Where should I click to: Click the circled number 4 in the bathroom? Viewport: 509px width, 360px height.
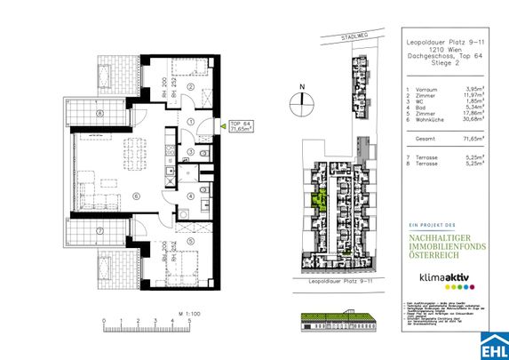pos(190,196)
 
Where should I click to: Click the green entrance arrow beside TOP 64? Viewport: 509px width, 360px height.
pos(221,127)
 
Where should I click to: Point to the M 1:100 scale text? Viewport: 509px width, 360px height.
pos(187,314)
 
